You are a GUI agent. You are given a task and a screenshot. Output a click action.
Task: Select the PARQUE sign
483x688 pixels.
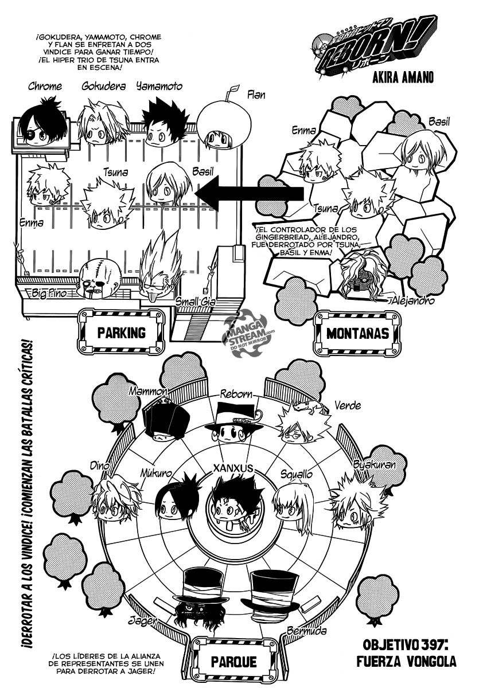click(x=233, y=661)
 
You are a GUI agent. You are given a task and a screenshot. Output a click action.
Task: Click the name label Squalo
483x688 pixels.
click(x=297, y=474)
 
